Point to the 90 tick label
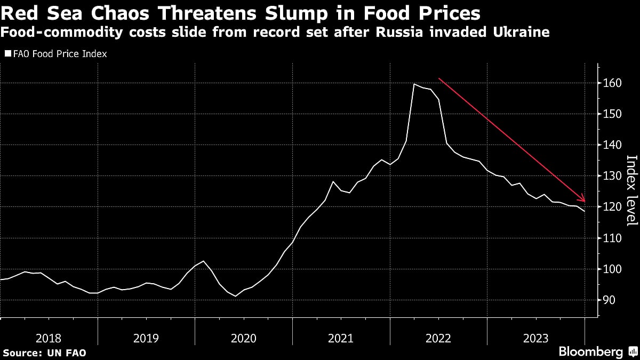pyautogui.click(x=608, y=300)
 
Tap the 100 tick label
pyautogui.click(x=610, y=269)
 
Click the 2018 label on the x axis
pyautogui.click(x=49, y=338)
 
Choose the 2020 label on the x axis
pyautogui.click(x=243, y=338)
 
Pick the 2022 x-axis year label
pyautogui.click(x=438, y=338)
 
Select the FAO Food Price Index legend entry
pyautogui.click(x=59, y=54)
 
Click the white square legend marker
pyautogui.click(x=7, y=54)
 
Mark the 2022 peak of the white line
pyautogui.click(x=414, y=84)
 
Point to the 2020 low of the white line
pyautogui.click(x=235, y=296)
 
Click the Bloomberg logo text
pyautogui.click(x=590, y=351)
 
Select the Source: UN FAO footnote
pyautogui.click(x=44, y=353)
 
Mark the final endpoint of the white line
pyautogui.click(x=585, y=211)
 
